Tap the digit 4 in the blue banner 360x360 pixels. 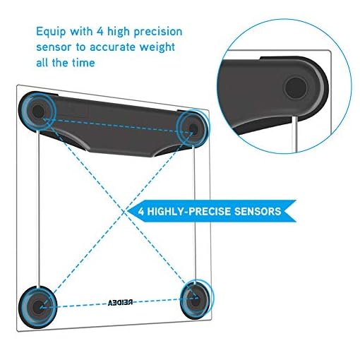(x=140, y=211)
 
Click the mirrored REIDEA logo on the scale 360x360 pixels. (x=120, y=303)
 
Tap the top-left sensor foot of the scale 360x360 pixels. (x=37, y=111)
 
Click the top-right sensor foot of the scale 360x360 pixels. (x=193, y=128)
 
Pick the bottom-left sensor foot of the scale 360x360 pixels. (x=37, y=307)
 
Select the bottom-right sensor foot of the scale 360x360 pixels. (x=196, y=299)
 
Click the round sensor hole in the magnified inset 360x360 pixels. (x=296, y=88)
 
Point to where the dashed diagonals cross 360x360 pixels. (x=124, y=212)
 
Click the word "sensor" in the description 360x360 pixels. (x=54, y=47)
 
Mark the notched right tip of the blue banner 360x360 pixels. (x=284, y=211)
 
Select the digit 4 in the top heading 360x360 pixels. (x=100, y=32)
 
